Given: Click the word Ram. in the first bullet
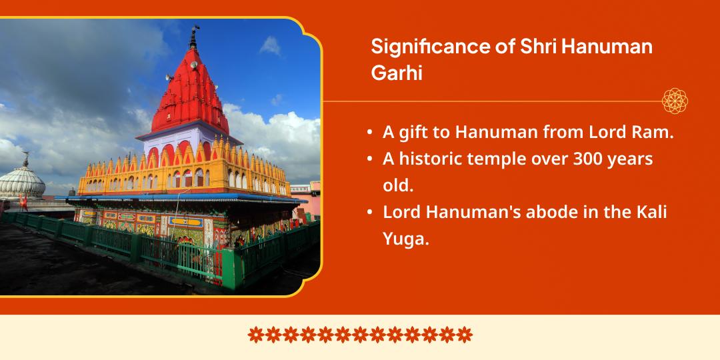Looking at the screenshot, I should [653, 133].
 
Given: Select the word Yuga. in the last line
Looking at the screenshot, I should [405, 239].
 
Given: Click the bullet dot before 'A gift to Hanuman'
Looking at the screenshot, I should [369, 133].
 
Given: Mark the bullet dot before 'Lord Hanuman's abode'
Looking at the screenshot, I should [369, 213].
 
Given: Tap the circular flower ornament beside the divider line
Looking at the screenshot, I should [675, 101].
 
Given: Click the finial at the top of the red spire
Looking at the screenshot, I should [195, 31].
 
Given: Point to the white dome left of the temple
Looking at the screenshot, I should [21, 180].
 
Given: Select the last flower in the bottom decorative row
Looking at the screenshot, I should [465, 333].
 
